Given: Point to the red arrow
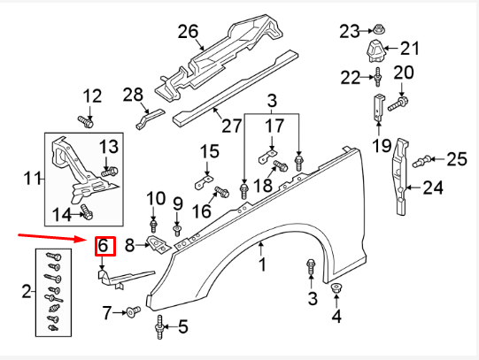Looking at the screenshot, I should [54, 237].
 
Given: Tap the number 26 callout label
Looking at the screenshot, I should [188, 32].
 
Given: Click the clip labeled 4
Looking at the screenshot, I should [337, 290].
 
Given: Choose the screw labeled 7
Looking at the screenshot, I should [133, 311].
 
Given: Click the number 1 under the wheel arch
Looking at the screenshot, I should [261, 264].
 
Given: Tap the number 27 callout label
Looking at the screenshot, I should [232, 126].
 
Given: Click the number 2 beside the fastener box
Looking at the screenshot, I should [26, 290].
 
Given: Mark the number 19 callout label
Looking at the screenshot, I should [381, 145].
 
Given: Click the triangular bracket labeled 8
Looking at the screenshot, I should [157, 244].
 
